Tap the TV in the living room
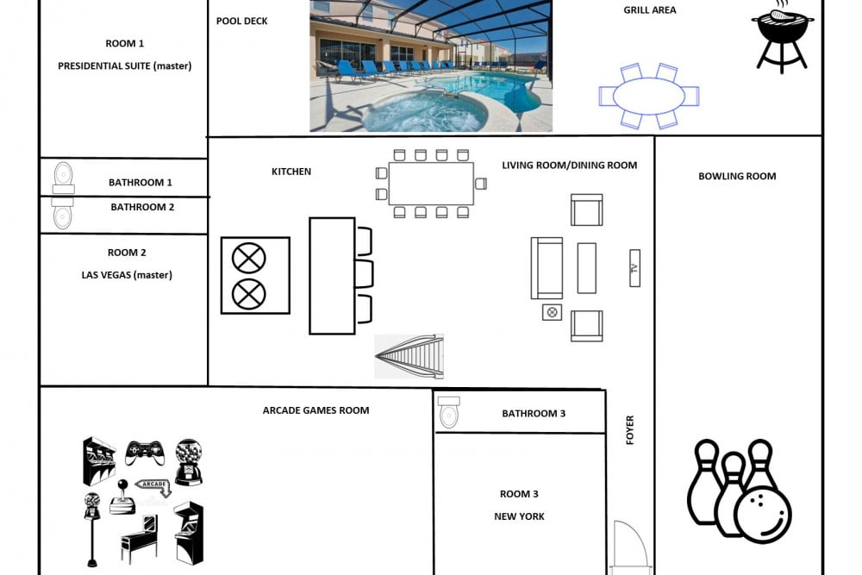coord(634,268)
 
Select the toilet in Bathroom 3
coord(448,412)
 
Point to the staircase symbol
coord(409,356)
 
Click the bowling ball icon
coord(763,513)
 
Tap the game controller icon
coord(144,452)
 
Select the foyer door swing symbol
coord(631,544)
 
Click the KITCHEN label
coord(291,172)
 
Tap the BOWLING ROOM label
coord(737,177)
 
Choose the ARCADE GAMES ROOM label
coord(315,410)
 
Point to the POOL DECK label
coord(242,21)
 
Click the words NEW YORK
coord(519,516)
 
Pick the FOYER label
coord(630,430)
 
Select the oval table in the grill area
coord(649,97)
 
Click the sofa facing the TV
coord(547,268)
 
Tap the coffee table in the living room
coord(586,268)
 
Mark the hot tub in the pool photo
coord(424,111)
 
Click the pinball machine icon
coord(140,539)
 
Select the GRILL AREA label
coord(650,9)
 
